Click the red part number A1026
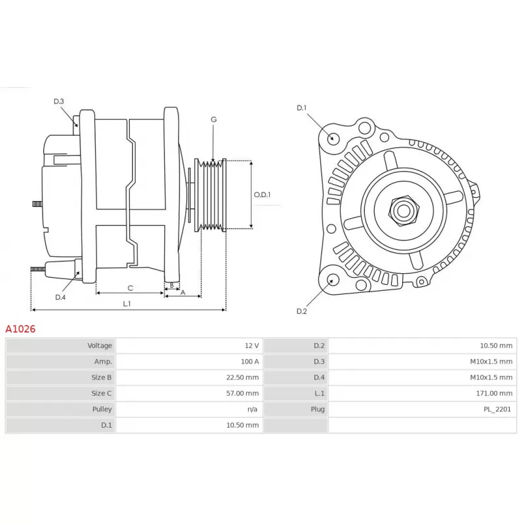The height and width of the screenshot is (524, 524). [20, 329]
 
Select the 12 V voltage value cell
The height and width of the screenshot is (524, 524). [252, 346]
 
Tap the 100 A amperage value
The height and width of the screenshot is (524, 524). [250, 362]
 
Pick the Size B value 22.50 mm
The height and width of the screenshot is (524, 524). [242, 377]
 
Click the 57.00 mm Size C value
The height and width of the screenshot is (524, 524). [242, 393]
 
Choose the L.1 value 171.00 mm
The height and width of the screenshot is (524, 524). [494, 393]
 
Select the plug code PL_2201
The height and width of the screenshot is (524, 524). [497, 409]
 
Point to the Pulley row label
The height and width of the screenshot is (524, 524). [102, 409]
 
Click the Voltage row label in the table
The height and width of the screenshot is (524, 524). [100, 346]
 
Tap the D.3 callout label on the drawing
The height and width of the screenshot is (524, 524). [59, 102]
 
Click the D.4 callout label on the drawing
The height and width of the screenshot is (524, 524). [60, 297]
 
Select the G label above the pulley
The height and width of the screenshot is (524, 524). [214, 119]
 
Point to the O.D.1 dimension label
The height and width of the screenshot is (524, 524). [262, 195]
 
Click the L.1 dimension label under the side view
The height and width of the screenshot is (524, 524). [126, 303]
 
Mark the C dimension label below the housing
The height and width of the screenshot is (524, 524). [130, 288]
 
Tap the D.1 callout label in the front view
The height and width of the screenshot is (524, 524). [301, 107]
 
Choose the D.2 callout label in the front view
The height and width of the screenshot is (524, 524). [301, 311]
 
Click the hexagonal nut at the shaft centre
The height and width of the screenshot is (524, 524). [403, 210]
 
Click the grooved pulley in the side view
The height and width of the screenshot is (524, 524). [210, 195]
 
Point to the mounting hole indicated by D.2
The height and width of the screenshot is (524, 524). [333, 280]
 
